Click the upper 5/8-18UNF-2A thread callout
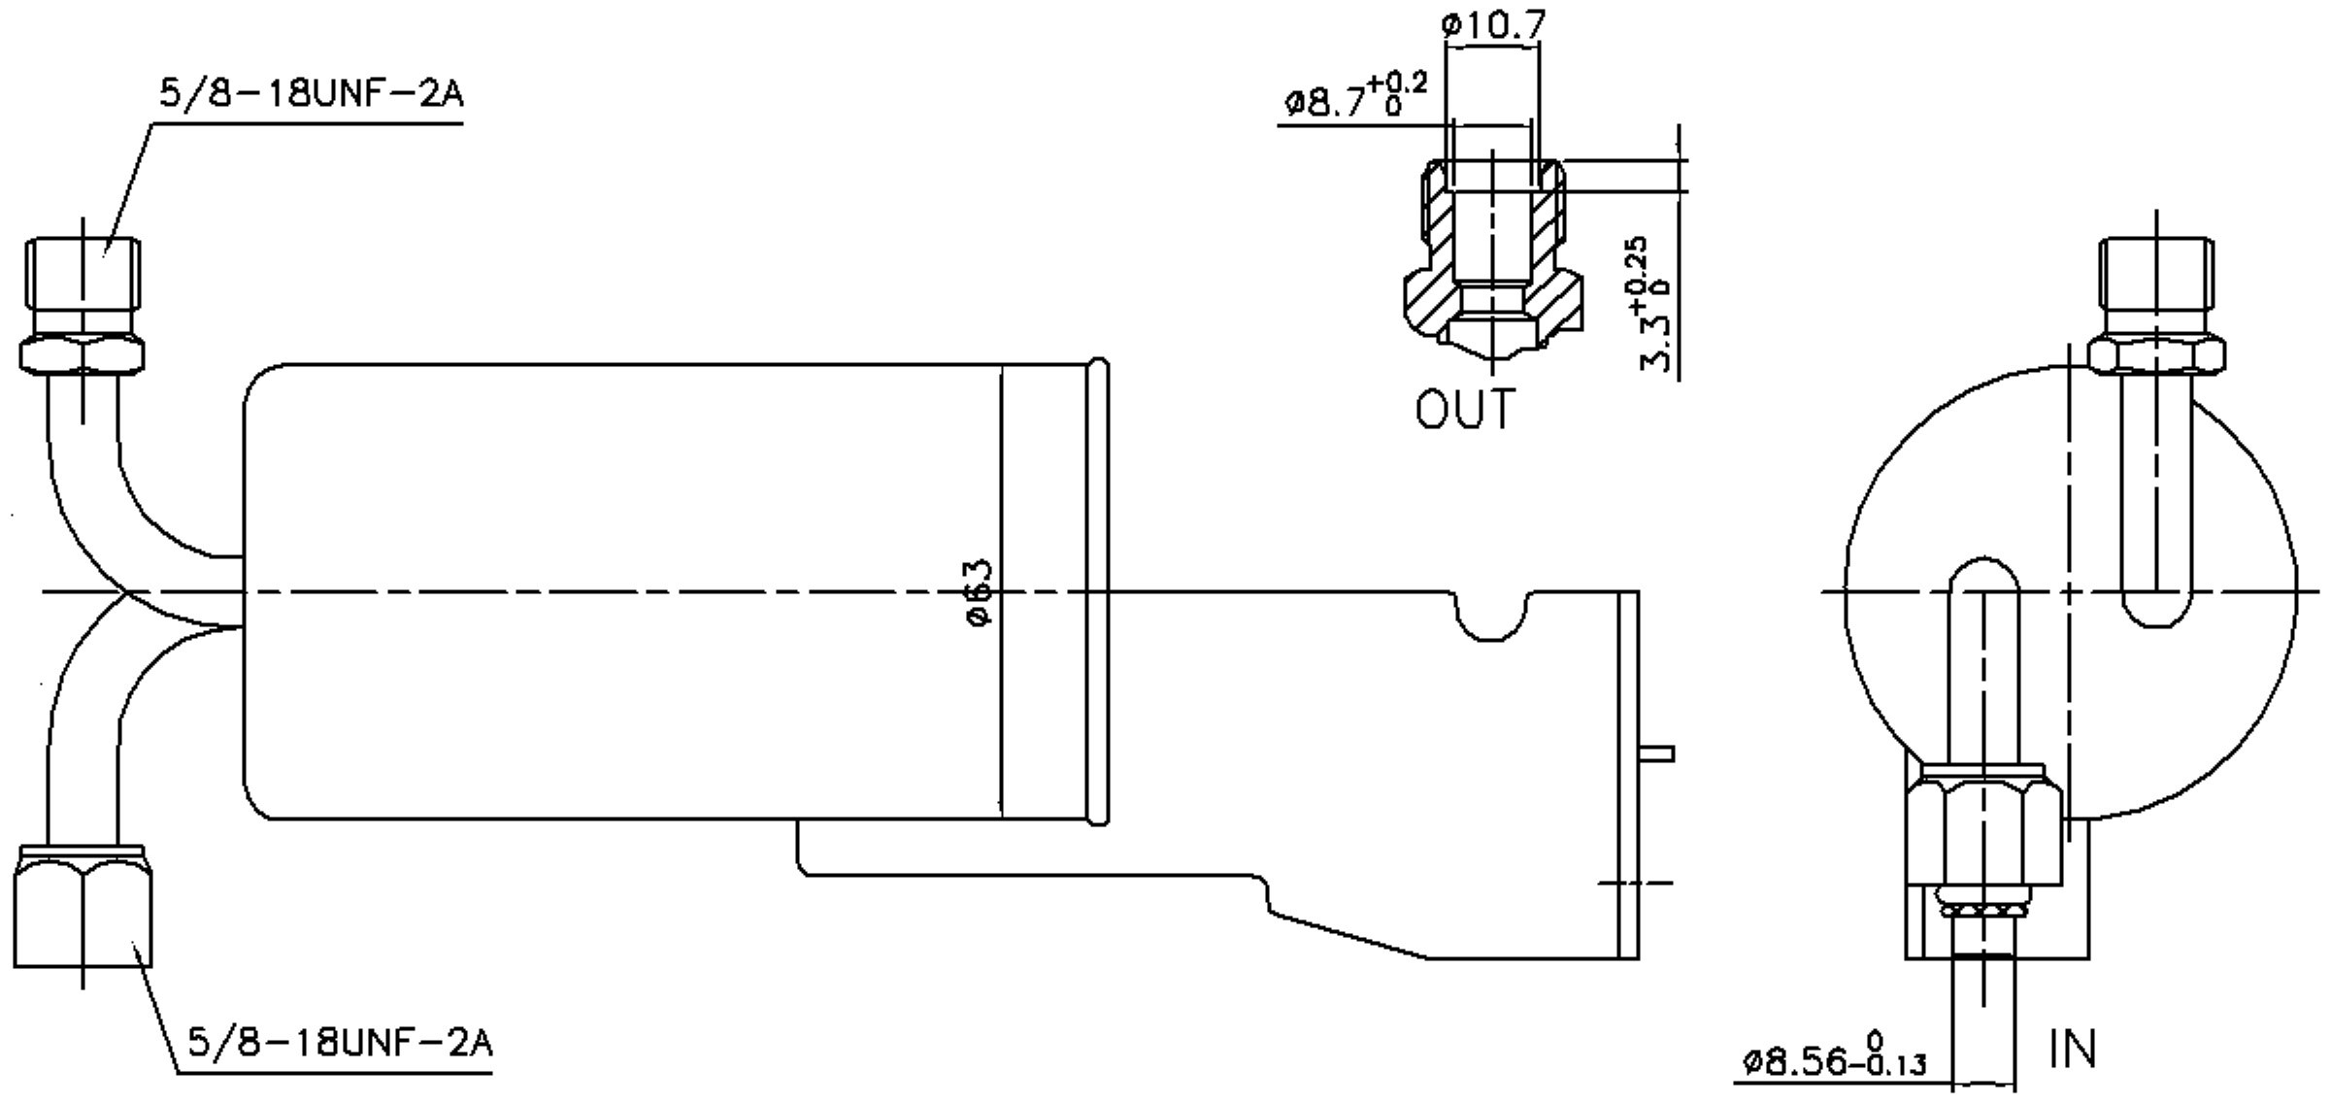click(x=311, y=95)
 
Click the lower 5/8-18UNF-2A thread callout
click(x=340, y=1043)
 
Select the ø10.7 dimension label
click(x=1493, y=25)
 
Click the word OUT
click(x=1465, y=409)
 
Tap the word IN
click(x=2072, y=1050)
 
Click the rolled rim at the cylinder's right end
click(x=1099, y=592)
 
